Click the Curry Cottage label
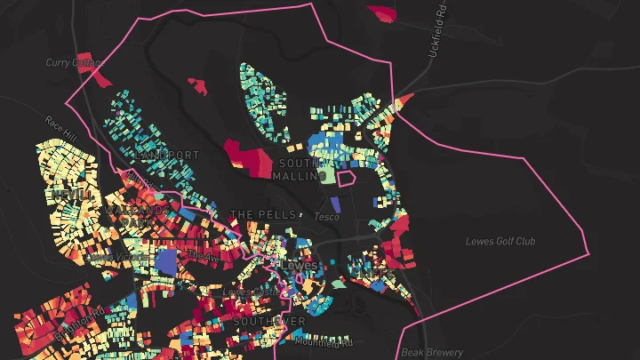(75, 62)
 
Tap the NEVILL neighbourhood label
(71, 194)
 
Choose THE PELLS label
(263, 215)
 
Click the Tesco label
(327, 216)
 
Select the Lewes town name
(300, 265)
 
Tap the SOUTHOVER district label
(269, 321)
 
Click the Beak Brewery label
(433, 353)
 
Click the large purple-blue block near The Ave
(166, 261)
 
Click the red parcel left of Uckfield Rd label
(382, 12)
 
